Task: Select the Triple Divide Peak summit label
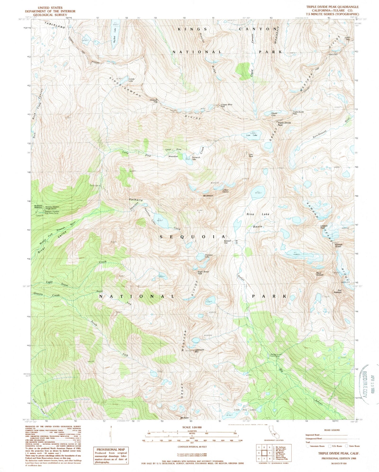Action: tap(284, 124)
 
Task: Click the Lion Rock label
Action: tap(251, 155)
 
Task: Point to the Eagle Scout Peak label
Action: tap(203, 273)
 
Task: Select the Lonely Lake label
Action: tap(131, 80)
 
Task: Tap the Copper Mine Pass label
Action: tap(226, 106)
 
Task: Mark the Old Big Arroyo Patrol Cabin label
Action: tap(276, 356)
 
